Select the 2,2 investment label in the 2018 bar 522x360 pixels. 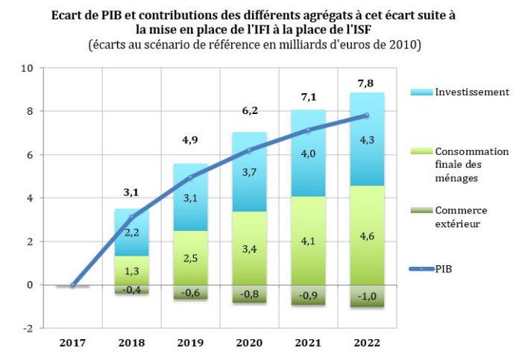[x=131, y=233]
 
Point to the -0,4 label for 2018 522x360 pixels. [x=131, y=290]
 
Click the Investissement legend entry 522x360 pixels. [x=463, y=92]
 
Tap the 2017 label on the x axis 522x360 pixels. [x=73, y=343]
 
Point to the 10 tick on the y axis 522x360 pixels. [x=28, y=68]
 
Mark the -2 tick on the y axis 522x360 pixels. [x=28, y=328]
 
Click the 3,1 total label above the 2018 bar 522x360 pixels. [x=131, y=193]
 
